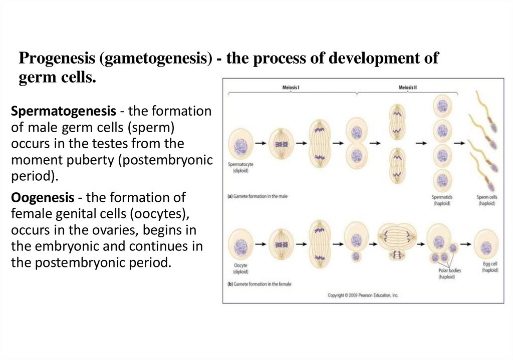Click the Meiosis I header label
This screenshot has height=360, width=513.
point(291,88)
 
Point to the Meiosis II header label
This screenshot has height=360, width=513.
point(408,88)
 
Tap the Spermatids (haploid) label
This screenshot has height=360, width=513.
point(442,200)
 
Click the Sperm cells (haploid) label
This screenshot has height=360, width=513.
point(486,200)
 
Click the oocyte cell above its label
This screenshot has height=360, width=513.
point(241,246)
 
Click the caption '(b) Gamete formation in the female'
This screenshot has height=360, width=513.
point(260,284)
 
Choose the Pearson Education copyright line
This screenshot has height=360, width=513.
point(363,295)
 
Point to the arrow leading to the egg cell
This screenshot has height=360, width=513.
point(465,245)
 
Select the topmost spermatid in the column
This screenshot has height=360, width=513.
point(442,106)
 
